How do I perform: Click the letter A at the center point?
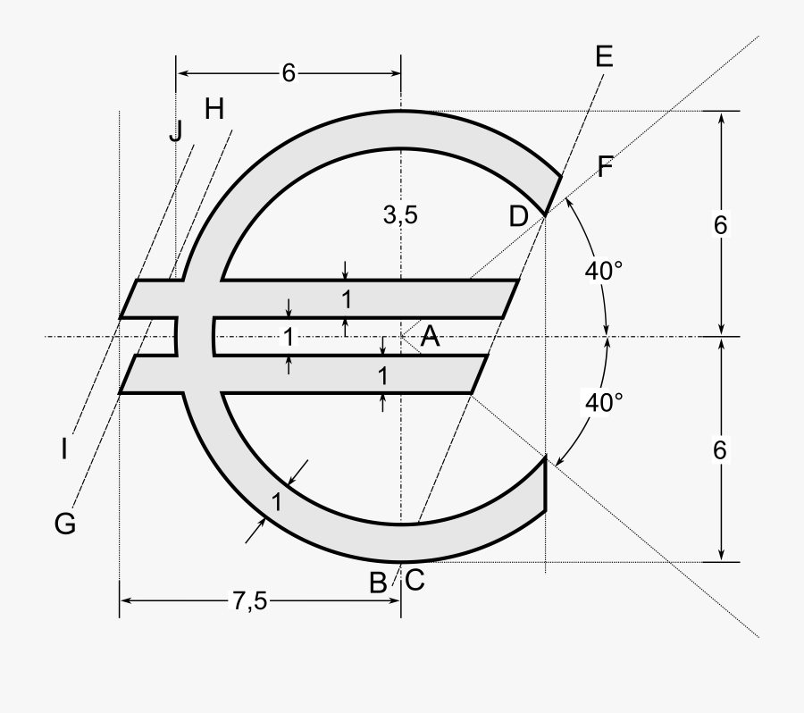coord(430,337)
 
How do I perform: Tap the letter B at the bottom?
coord(378,583)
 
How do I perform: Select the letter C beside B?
coord(415,581)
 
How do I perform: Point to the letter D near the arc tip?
coord(519,215)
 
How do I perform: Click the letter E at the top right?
coord(603,57)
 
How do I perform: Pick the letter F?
coord(605,167)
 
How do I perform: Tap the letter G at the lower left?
coord(64,524)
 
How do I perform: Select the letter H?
coord(214,109)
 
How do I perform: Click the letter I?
coord(64,449)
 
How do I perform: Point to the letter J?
coord(175,131)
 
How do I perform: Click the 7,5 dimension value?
coord(250,601)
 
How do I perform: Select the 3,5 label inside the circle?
coord(400,214)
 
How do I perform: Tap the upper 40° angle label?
coord(604,271)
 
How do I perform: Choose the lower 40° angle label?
coord(604,402)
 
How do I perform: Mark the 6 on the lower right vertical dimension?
coord(720,450)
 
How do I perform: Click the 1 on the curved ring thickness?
coord(277,501)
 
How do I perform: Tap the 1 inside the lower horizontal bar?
coord(382,376)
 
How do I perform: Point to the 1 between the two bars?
coord(288,337)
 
